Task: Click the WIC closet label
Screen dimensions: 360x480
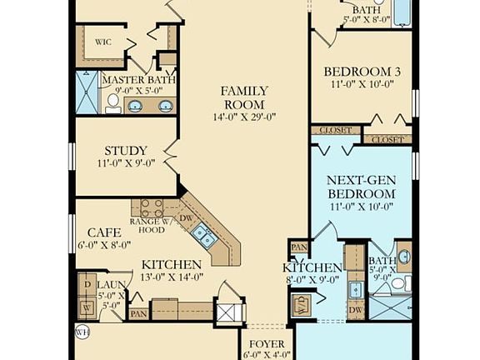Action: click(x=103, y=41)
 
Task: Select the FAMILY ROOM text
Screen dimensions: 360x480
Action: click(x=244, y=97)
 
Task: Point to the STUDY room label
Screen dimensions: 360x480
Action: click(x=127, y=151)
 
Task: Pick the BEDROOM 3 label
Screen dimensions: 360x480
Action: click(x=362, y=72)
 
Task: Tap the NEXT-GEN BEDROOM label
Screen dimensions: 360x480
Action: click(x=361, y=187)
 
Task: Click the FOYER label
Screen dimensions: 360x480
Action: click(x=267, y=343)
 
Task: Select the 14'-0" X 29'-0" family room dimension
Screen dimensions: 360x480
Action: click(x=243, y=117)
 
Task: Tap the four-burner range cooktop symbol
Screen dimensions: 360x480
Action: click(x=152, y=208)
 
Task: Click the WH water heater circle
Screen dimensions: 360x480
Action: click(x=81, y=332)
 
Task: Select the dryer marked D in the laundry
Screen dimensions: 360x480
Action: click(x=87, y=284)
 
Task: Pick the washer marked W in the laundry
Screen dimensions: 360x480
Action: click(x=87, y=306)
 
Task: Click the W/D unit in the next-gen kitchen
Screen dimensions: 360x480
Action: click(x=301, y=304)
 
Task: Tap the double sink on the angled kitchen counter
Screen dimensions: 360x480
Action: click(x=204, y=237)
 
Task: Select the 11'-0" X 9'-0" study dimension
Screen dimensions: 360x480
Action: click(x=126, y=164)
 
